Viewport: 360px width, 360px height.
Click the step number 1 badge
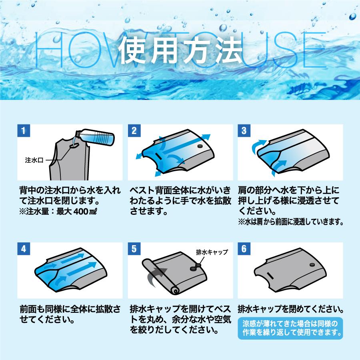pos(24,130)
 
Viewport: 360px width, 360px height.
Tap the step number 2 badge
pos(134,130)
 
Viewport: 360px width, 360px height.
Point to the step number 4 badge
pos(24,248)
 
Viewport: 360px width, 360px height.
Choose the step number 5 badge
pos(134,248)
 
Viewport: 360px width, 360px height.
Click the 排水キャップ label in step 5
pos(212,252)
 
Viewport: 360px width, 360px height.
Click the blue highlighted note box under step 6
pos(291,327)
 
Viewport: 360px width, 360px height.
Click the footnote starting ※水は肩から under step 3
pos(291,221)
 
